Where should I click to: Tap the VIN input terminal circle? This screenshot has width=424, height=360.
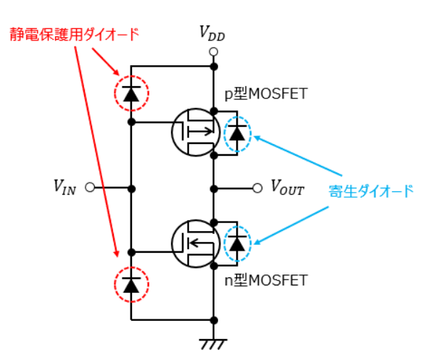point(90,187)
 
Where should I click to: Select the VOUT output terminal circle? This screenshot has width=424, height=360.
point(257,188)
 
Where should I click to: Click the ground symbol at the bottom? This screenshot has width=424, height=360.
point(213,344)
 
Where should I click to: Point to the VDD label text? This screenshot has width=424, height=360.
point(212,33)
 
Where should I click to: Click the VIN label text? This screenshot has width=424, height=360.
point(65,187)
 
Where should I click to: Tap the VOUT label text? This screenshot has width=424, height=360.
point(288,187)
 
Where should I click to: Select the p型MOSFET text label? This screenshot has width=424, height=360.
point(266,93)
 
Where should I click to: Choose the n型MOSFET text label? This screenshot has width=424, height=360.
point(266,280)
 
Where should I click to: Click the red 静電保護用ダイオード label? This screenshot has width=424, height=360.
point(75,34)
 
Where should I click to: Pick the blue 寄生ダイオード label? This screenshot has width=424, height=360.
point(371,191)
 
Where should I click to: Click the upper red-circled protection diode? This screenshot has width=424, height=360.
point(131,93)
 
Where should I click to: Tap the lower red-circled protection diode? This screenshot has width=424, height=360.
point(131,285)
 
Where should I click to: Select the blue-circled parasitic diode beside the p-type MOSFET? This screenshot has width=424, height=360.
point(238,134)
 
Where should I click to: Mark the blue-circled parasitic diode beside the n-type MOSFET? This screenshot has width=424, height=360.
point(238,244)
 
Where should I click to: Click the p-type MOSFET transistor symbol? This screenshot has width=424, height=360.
point(196,133)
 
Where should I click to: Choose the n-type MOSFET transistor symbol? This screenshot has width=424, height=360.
point(196,243)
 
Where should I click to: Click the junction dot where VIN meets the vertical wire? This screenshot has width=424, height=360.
point(131,188)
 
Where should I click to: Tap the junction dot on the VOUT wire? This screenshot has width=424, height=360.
point(214,188)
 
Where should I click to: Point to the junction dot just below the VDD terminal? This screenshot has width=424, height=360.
point(214,66)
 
